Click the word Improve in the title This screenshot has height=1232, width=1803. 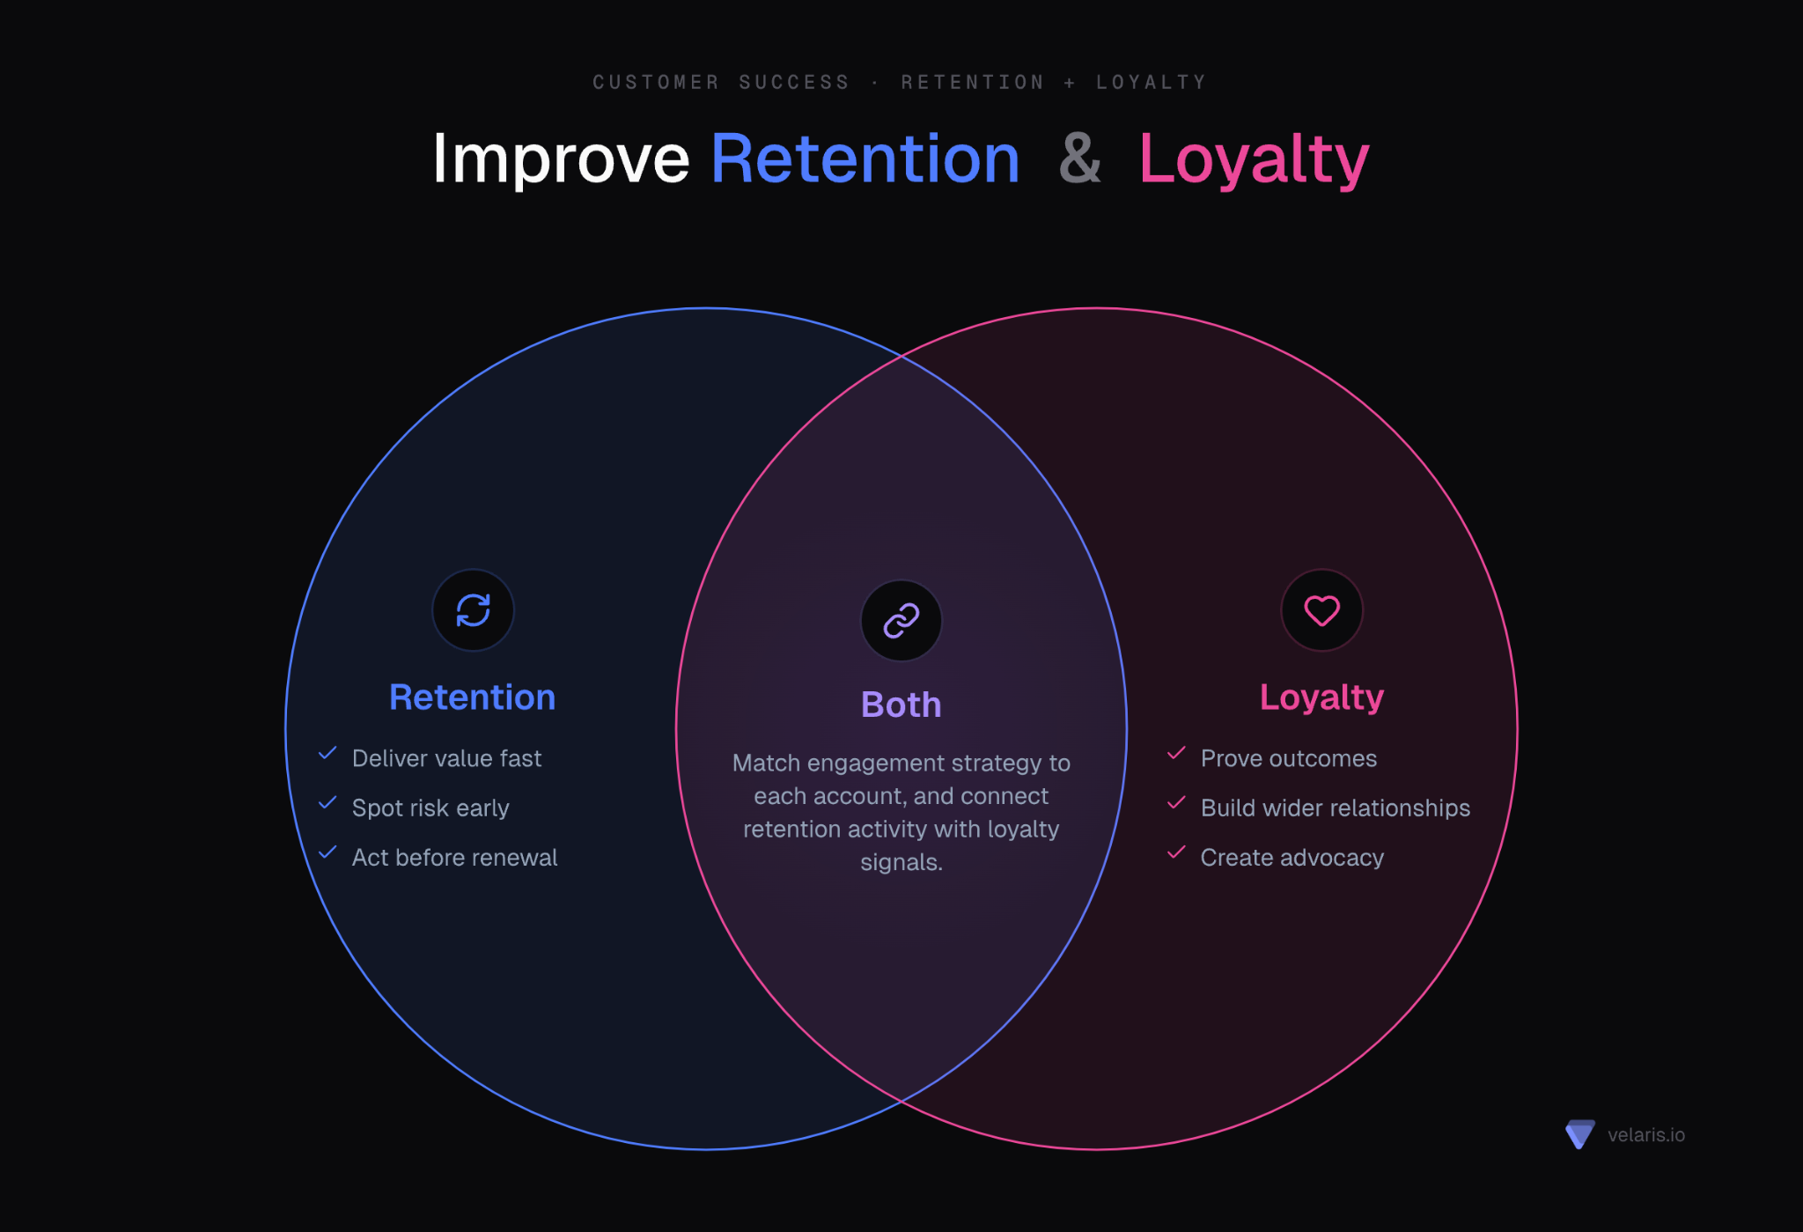(x=561, y=159)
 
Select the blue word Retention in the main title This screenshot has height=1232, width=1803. (x=865, y=159)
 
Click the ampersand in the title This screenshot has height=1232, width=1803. (x=1080, y=159)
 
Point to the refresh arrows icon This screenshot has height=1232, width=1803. (x=473, y=610)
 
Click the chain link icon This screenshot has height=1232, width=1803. (x=901, y=621)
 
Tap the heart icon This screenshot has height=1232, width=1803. (x=1321, y=610)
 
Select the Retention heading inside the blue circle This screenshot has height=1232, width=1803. (x=473, y=697)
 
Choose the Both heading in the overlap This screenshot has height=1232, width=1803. (x=901, y=705)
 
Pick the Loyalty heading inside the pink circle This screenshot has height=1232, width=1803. (x=1321, y=697)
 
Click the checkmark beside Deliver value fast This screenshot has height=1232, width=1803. (x=327, y=753)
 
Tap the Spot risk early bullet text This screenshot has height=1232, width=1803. (x=431, y=808)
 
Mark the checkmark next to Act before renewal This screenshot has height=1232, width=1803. (x=327, y=852)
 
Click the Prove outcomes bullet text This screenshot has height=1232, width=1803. (x=1289, y=758)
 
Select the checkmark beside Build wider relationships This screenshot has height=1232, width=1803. (x=1176, y=802)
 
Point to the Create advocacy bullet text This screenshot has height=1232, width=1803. (x=1292, y=858)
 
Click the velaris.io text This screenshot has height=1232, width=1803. (x=1646, y=1135)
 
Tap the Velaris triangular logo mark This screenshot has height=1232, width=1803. (x=1580, y=1134)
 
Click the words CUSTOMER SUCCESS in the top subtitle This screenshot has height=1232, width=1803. (x=721, y=83)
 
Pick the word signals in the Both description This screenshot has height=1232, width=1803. (x=901, y=863)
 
